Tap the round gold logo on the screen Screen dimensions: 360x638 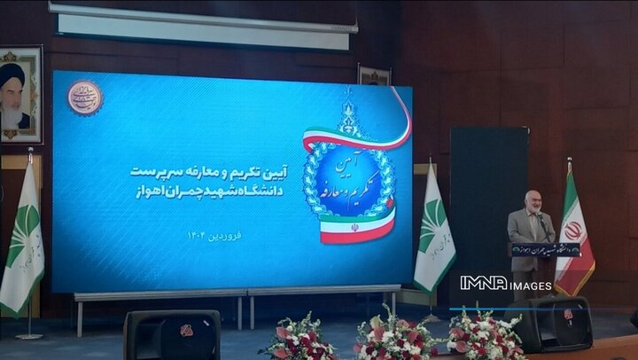[85, 98]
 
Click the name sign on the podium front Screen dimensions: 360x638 [544, 249]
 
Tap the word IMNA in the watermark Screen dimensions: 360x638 [483, 283]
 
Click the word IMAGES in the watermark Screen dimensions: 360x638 [531, 285]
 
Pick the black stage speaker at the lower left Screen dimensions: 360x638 [172, 334]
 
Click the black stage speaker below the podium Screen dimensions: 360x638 [555, 323]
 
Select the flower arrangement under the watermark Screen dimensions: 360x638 [484, 334]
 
